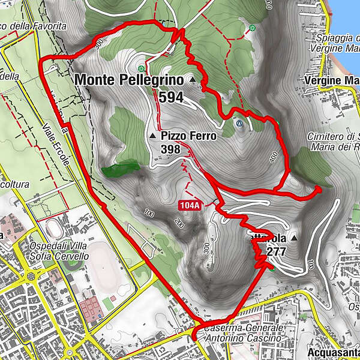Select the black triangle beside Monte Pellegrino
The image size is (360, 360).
(x=193, y=80)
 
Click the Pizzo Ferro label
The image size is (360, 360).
(x=188, y=136)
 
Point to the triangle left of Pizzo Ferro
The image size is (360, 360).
(x=152, y=137)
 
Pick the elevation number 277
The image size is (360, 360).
(x=276, y=251)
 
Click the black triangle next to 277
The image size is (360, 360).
(x=294, y=238)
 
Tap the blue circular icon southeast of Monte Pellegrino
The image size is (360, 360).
(x=240, y=124)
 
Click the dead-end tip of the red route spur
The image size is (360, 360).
(x=319, y=188)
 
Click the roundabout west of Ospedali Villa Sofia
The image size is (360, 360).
(x=30, y=277)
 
